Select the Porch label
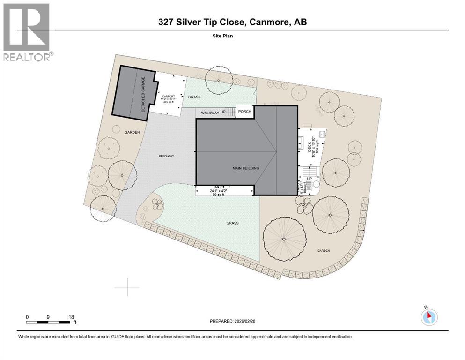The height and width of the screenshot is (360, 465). click(245, 111)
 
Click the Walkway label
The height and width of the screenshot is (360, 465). click(210, 113)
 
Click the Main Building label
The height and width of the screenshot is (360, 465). click(246, 168)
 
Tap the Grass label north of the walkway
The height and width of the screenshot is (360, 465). click(194, 97)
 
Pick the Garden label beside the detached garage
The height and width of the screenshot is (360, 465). click(132, 133)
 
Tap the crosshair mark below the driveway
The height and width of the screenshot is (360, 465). click(128, 286)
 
